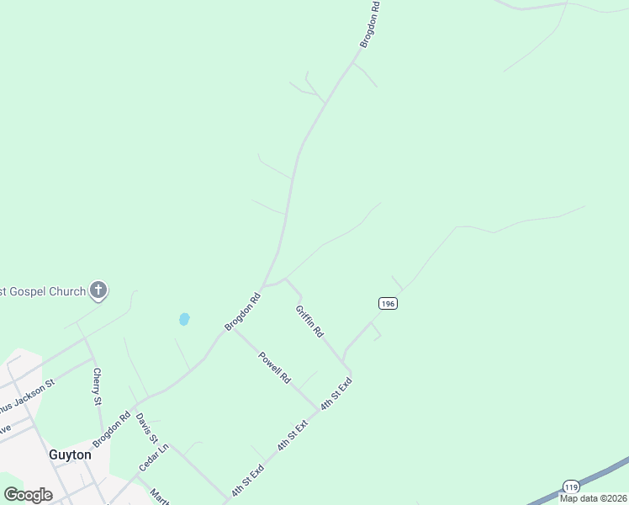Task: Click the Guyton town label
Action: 69,454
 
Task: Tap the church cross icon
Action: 98,291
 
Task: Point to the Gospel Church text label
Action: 43,292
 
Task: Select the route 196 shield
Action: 387,303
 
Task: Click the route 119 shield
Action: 571,487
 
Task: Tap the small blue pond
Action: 184,319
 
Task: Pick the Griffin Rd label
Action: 309,321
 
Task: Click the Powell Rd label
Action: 274,367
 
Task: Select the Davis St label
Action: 146,428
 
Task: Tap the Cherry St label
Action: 98,385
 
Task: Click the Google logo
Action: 28,495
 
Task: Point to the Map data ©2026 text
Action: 593,498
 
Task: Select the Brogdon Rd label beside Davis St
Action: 111,428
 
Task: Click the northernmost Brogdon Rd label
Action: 370,24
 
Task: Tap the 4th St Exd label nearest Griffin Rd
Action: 335,393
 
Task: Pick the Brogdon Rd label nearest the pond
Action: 243,311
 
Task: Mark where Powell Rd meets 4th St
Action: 318,410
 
